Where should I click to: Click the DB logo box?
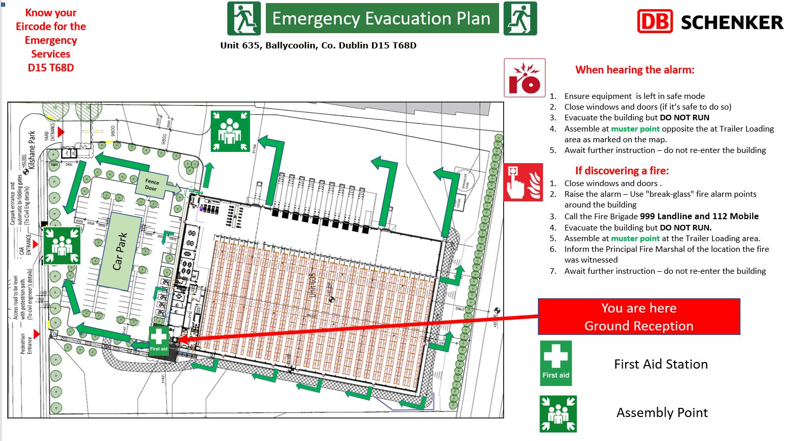[655, 21]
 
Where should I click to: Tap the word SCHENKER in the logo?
[732, 22]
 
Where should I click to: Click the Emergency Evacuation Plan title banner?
[382, 18]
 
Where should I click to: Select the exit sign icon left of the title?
[244, 18]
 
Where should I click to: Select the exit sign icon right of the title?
[520, 18]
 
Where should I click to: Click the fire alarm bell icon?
[525, 77]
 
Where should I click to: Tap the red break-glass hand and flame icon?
[523, 182]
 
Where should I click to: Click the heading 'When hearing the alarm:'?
[634, 70]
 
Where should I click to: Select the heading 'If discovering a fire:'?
[622, 171]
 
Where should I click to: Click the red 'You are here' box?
[638, 317]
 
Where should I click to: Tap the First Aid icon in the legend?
[556, 363]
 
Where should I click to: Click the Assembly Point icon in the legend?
[558, 413]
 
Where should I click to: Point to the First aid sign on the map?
[159, 339]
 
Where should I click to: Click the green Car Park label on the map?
[119, 251]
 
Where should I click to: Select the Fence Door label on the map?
[152, 185]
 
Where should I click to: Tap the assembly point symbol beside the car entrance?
[61, 245]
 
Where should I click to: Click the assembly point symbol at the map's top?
[230, 131]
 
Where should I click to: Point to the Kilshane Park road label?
[32, 149]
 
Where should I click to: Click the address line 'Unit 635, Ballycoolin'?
[318, 45]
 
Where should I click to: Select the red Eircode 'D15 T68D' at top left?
[51, 68]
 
